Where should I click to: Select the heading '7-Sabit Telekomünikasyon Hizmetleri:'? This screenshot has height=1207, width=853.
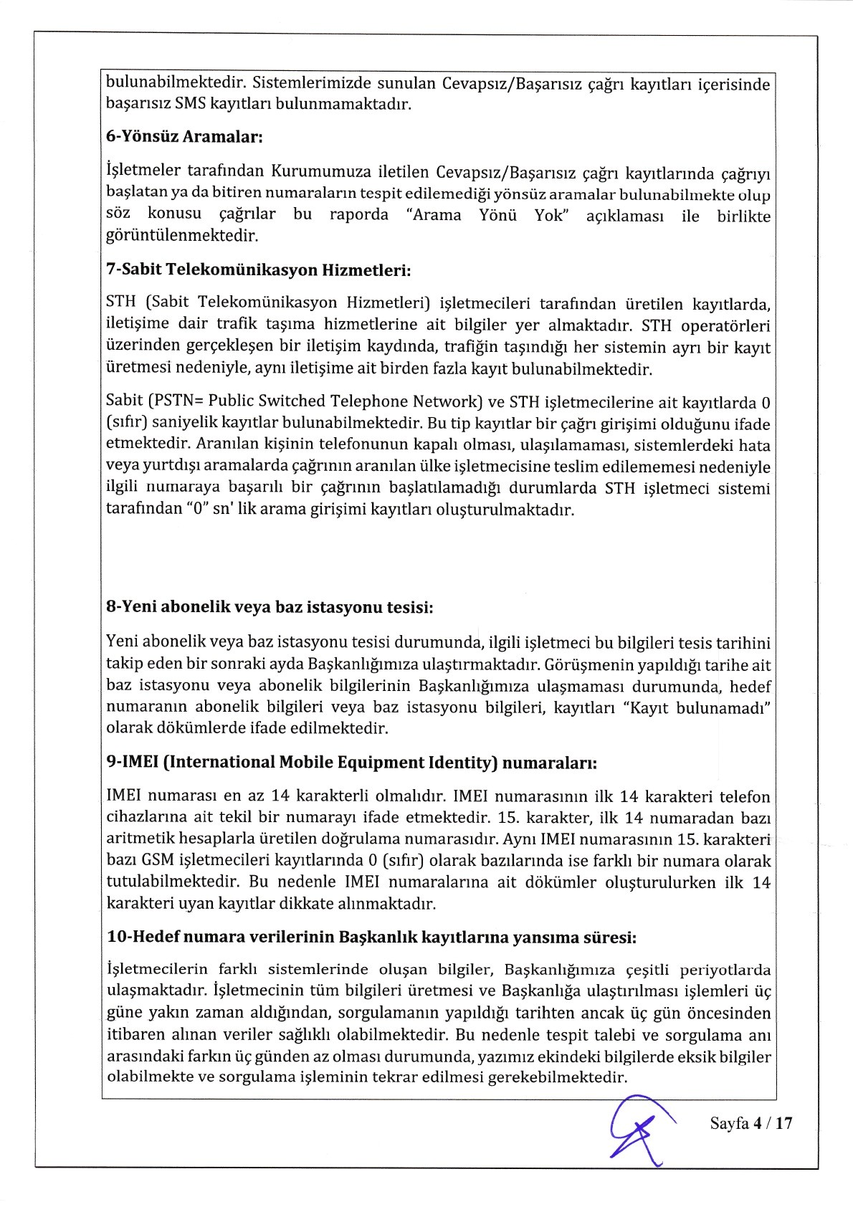click(258, 269)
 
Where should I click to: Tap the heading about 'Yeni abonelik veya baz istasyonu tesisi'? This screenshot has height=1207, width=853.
click(270, 607)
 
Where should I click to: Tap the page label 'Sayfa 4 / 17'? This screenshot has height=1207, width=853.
click(750, 1123)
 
